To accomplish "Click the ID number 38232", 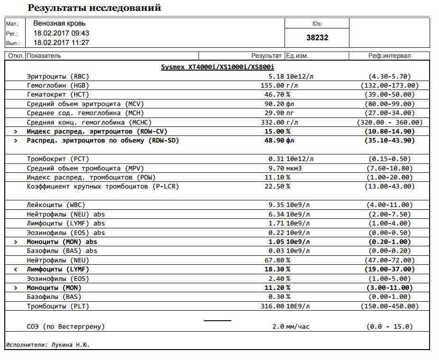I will [x=317, y=37].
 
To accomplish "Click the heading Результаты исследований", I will [x=94, y=8].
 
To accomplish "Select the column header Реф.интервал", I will [x=389, y=56].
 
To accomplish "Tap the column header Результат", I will [x=266, y=56].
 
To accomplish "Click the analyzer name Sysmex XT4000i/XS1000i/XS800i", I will [x=218, y=67].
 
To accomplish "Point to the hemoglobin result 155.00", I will [x=272, y=86].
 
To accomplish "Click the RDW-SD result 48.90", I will [x=274, y=141].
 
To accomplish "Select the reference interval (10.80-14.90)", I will [x=389, y=132].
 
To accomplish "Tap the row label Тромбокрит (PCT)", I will [x=58, y=159].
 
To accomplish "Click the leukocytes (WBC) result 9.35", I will [x=276, y=205].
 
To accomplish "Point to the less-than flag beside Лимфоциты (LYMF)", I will [x=15, y=270].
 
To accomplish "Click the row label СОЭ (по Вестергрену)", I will [x=65, y=327].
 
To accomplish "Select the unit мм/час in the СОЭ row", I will [x=298, y=327].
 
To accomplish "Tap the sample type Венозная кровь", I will [x=59, y=23].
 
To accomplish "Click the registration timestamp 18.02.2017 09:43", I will [x=61, y=33].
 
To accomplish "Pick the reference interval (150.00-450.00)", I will [x=389, y=306].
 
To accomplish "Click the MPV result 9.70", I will [x=276, y=169].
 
